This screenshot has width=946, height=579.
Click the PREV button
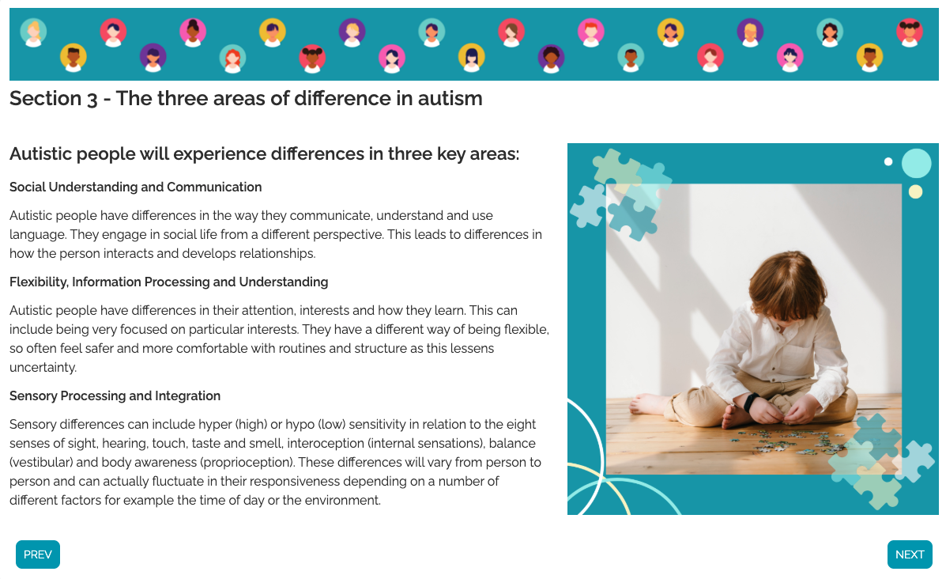[x=37, y=554]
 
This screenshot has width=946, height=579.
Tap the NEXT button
[x=910, y=554]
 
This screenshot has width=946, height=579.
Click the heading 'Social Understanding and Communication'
[x=136, y=187]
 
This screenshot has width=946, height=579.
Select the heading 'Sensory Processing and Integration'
[x=115, y=396]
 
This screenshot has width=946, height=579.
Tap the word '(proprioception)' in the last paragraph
[x=246, y=463]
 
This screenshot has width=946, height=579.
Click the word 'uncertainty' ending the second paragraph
[x=43, y=368]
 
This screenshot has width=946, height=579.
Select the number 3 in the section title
[x=92, y=99]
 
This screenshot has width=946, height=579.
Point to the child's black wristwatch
[x=751, y=401]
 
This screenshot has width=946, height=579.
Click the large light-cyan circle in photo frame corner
[x=917, y=164]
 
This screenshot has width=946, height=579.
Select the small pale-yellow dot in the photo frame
[x=915, y=192]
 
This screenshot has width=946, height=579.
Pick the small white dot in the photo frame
[x=888, y=161]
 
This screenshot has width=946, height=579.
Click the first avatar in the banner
[x=34, y=32]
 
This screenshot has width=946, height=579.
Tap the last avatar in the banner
[x=909, y=32]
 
